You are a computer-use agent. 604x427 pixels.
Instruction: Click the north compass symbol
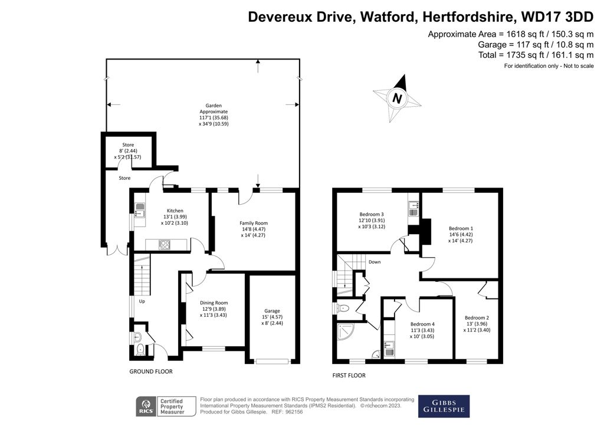pos(398,97)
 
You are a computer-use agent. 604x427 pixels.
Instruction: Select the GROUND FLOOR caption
pos(151,372)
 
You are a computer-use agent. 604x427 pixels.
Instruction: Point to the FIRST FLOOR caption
pos(349,375)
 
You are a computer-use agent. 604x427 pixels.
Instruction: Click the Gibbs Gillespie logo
pos(444,406)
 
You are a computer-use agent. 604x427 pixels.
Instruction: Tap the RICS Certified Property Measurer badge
pos(160,406)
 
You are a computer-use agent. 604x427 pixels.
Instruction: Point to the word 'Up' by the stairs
pos(142,301)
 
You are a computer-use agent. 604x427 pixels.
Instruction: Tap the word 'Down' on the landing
pos(375,262)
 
